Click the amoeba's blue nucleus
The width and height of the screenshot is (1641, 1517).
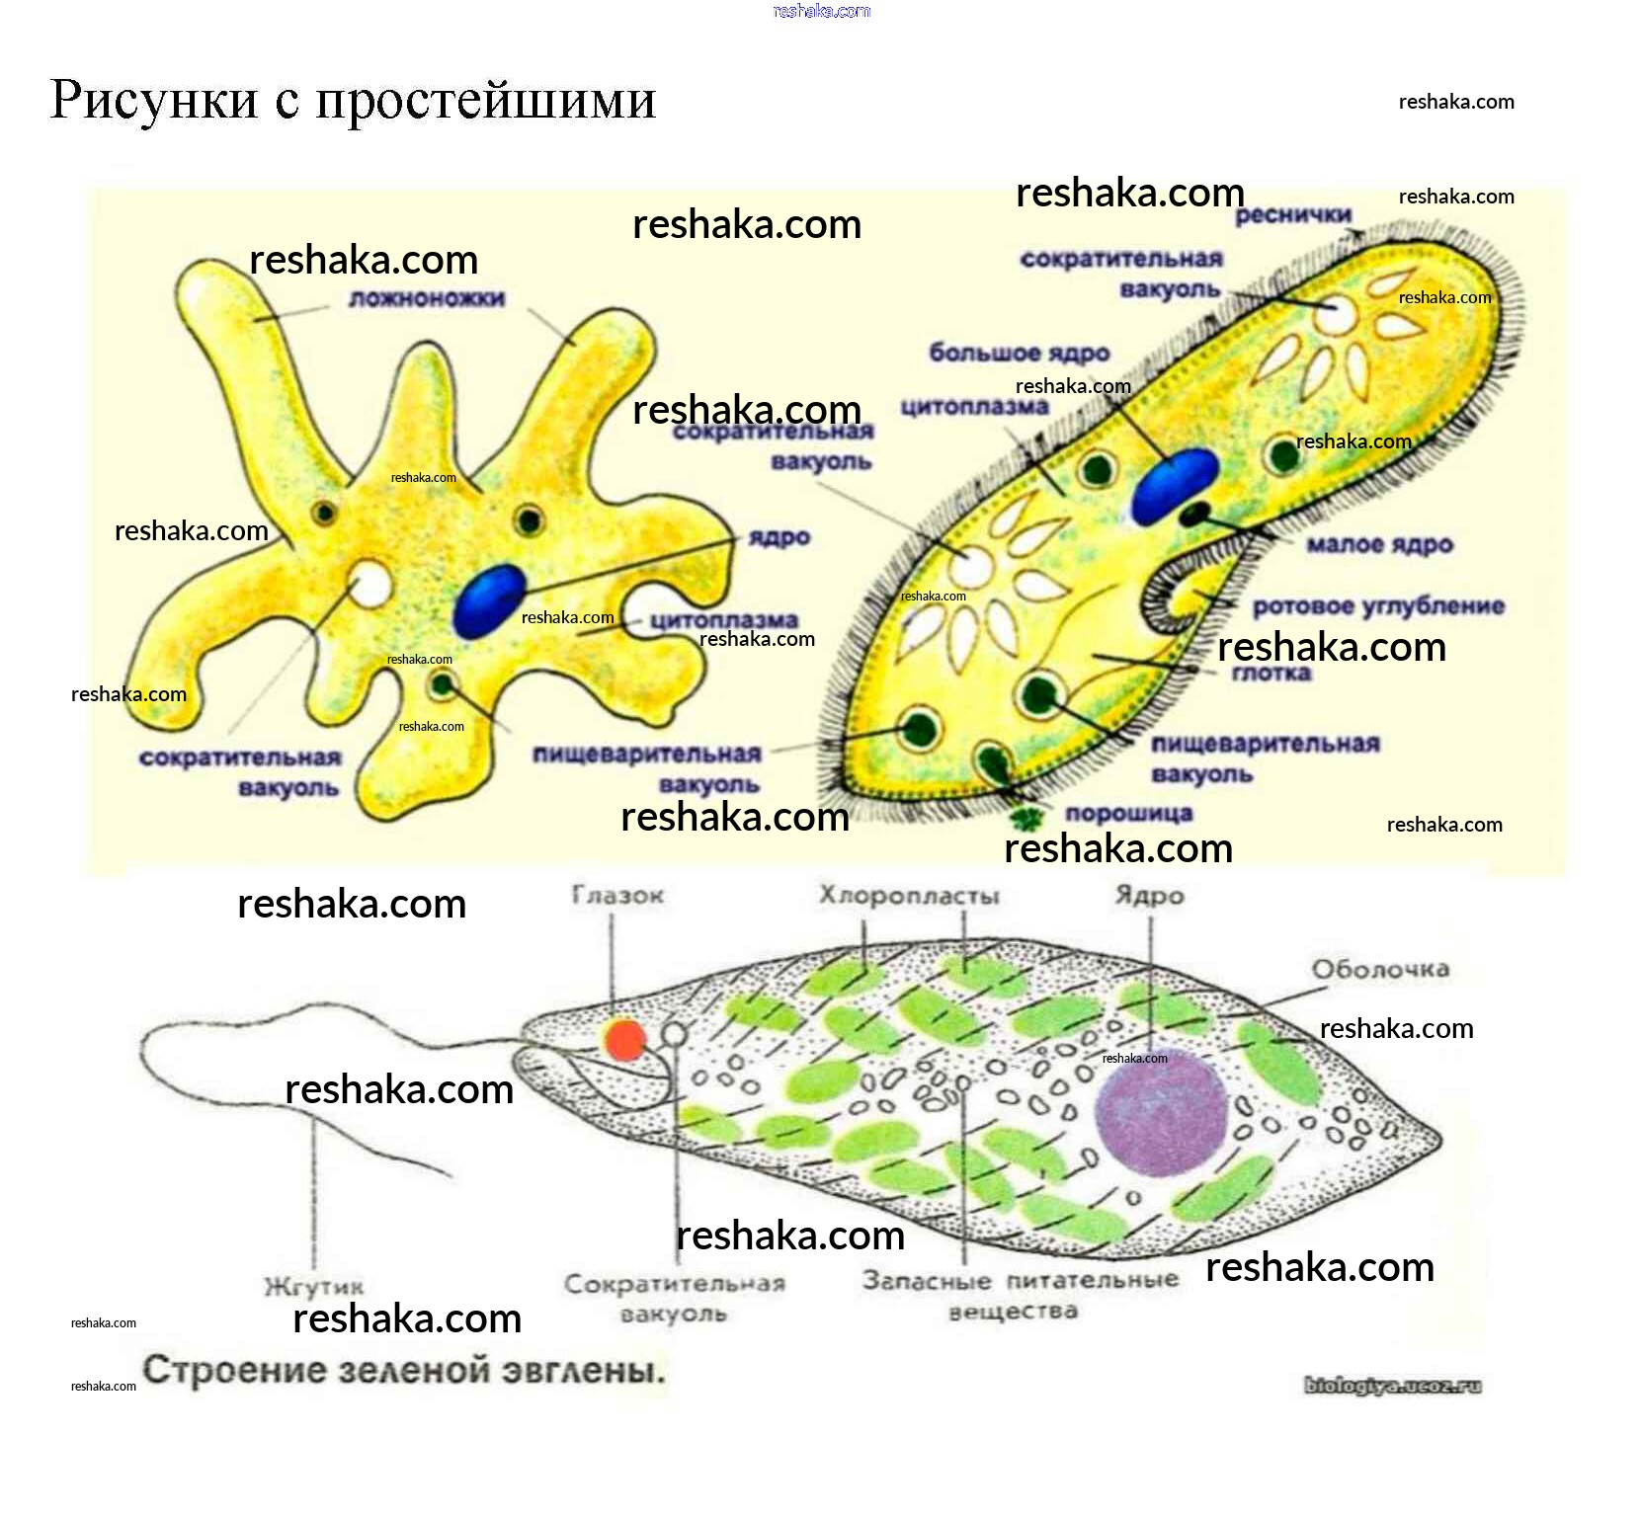(488, 599)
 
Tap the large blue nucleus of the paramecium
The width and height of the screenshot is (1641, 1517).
(1173, 485)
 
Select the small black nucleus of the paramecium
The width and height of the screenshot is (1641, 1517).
(1194, 514)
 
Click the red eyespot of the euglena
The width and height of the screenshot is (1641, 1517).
(624, 1040)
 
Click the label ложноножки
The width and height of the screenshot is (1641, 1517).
(427, 298)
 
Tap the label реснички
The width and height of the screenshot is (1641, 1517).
(1292, 215)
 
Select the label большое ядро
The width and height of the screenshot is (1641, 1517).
(1019, 353)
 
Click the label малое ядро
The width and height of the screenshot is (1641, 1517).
(1379, 544)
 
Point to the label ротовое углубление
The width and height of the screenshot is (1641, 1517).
(1378, 606)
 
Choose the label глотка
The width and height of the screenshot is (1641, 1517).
(1271, 674)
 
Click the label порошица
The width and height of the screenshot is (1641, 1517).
(1128, 814)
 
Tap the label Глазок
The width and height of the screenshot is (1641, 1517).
(617, 896)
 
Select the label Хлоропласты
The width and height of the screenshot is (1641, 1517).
(909, 896)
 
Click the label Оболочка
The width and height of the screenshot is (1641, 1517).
(1380, 969)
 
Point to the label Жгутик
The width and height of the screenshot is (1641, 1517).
(313, 1287)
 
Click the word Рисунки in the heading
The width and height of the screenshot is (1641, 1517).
(153, 101)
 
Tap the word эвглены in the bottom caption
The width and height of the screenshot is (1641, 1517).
(583, 1371)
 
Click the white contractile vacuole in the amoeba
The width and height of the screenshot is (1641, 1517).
(370, 584)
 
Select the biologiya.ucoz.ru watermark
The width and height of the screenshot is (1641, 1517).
(1392, 1386)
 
